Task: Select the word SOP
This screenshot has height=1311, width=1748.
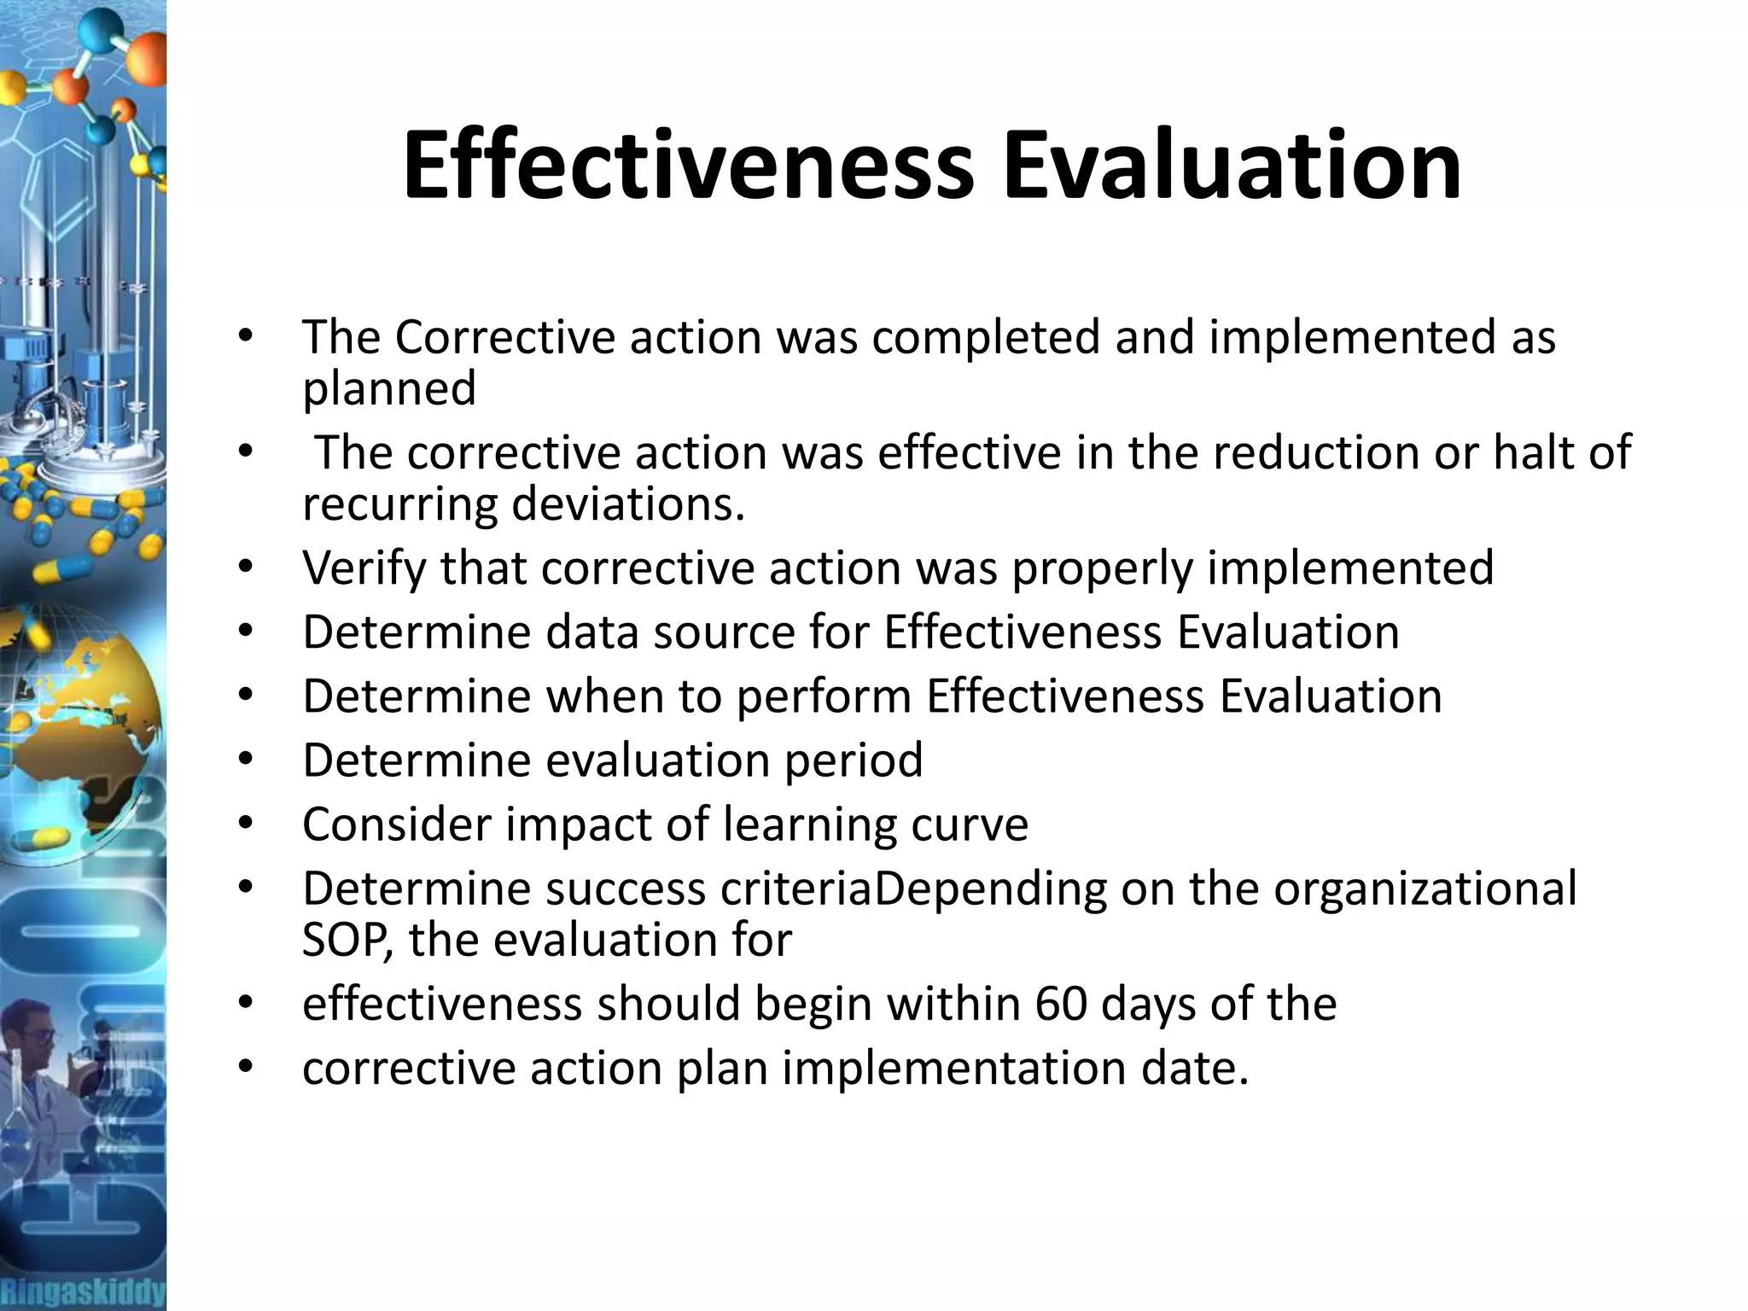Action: click(x=347, y=940)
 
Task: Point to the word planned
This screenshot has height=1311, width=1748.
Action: click(x=389, y=389)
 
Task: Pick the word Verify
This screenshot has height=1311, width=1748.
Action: click(x=364, y=568)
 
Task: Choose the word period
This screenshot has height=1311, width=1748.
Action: click(x=854, y=760)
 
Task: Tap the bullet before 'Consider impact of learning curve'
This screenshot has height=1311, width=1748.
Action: click(x=246, y=824)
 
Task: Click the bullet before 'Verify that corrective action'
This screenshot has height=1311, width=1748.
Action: click(x=246, y=568)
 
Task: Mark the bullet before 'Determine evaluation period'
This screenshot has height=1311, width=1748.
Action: click(x=246, y=760)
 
